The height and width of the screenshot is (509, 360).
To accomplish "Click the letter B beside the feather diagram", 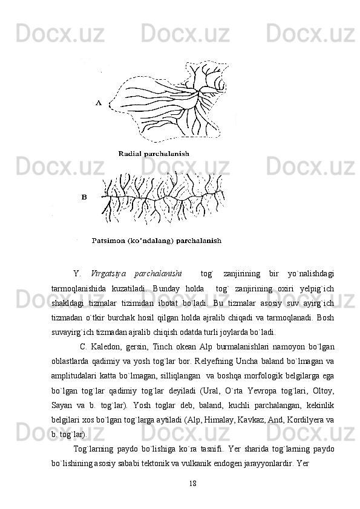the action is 84,197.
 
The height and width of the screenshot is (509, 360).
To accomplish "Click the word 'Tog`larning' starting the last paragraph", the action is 93,448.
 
